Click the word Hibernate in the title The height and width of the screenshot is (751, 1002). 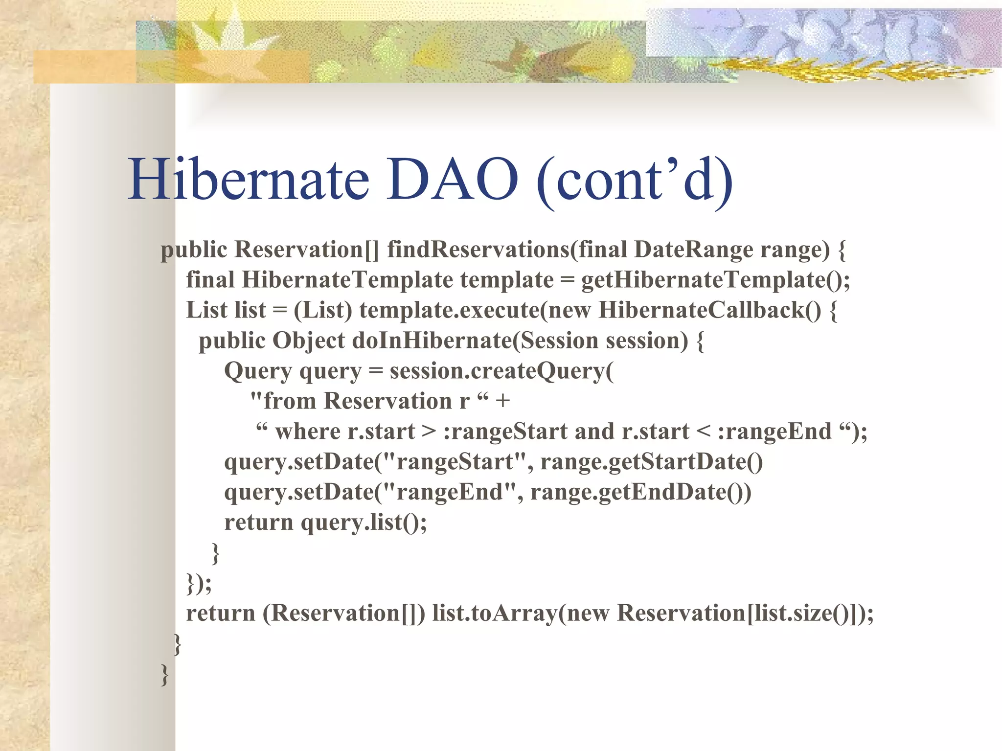[x=249, y=180]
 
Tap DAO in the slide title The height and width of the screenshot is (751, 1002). [x=452, y=180]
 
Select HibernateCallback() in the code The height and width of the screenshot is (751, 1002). [x=709, y=310]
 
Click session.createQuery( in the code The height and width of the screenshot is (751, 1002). [x=501, y=371]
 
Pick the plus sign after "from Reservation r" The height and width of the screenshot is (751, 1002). [x=502, y=401]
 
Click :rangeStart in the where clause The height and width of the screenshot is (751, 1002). [x=505, y=432]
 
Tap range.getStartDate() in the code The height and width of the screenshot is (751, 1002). [x=651, y=462]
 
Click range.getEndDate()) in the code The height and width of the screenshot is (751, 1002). [x=640, y=492]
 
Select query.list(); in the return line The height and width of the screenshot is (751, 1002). [x=364, y=523]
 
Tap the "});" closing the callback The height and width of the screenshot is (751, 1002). [x=199, y=583]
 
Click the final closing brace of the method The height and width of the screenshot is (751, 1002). [x=165, y=674]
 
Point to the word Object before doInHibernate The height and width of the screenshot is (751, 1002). [x=308, y=341]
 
